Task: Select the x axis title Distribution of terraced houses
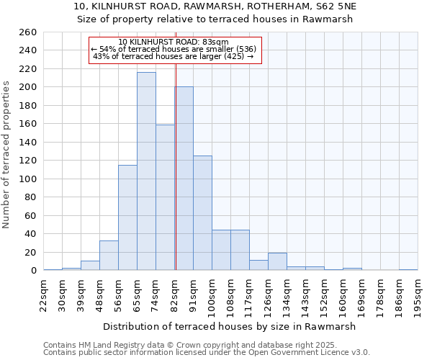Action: tap(230, 326)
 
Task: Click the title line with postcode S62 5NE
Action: tap(215, 6)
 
